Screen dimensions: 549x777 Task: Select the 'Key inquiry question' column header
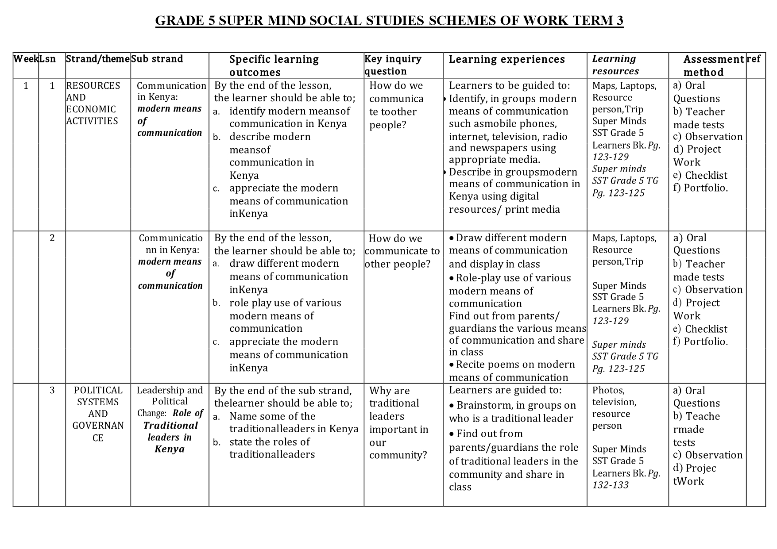(x=393, y=65)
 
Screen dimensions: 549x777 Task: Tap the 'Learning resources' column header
(x=615, y=65)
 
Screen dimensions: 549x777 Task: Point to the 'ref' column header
(x=754, y=59)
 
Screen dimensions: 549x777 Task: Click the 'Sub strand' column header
(x=157, y=59)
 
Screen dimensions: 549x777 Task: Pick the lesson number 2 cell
(x=52, y=238)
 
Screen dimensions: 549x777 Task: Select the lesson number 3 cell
(x=52, y=391)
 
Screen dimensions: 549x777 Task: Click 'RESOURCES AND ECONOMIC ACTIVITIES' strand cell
(x=93, y=103)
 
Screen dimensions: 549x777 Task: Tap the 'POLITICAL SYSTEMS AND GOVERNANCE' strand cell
(x=98, y=414)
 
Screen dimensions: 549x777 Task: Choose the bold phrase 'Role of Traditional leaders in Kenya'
(x=170, y=431)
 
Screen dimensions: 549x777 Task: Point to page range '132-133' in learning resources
(x=611, y=485)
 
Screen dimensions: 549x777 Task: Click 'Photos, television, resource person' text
(x=615, y=408)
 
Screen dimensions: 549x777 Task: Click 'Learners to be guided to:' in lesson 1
(x=509, y=86)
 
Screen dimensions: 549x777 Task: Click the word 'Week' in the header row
(x=25, y=59)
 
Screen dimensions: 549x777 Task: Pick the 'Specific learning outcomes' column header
(x=274, y=65)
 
